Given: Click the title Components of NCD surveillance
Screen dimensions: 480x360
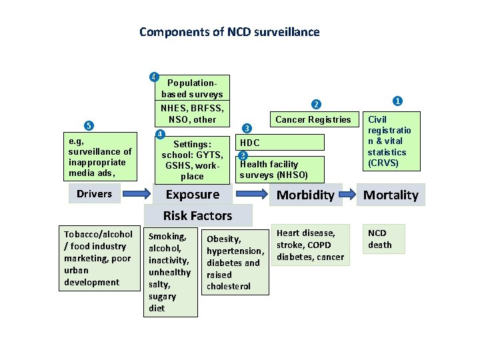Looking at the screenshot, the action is point(229,32).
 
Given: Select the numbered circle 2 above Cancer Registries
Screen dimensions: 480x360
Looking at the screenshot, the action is point(317,103).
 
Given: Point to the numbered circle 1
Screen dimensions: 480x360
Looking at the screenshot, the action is point(397,101).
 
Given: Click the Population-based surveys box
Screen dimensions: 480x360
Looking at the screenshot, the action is point(192,88).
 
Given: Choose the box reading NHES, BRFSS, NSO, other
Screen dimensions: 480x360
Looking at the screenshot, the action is point(192,113).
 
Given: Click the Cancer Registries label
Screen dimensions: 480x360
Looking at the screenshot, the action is point(313,120).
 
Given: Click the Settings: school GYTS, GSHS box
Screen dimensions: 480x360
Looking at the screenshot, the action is point(192,159).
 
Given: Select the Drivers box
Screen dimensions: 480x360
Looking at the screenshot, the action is point(93,194).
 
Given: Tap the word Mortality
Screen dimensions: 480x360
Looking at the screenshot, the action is point(390,195).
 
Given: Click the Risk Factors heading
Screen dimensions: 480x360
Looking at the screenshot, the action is point(198,215).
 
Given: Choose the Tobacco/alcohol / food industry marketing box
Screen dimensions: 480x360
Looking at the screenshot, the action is point(98,258).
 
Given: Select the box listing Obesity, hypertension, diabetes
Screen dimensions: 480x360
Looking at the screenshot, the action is point(235,262).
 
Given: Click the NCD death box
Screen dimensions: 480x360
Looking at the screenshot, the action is point(380,239).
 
